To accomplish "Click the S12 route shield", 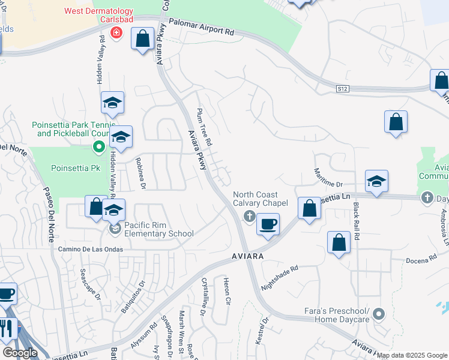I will pyautogui.click(x=342, y=89).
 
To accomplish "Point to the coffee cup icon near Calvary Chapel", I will pyautogui.click(x=268, y=224).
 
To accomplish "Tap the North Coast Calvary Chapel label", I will pyautogui.click(x=261, y=199).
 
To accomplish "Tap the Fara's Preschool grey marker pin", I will pyautogui.click(x=378, y=314).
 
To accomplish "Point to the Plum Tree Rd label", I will pyautogui.click(x=203, y=127).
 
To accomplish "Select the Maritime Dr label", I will pyautogui.click(x=328, y=176).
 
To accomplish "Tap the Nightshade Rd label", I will pyautogui.click(x=280, y=279).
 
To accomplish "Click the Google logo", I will pyautogui.click(x=20, y=353).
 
